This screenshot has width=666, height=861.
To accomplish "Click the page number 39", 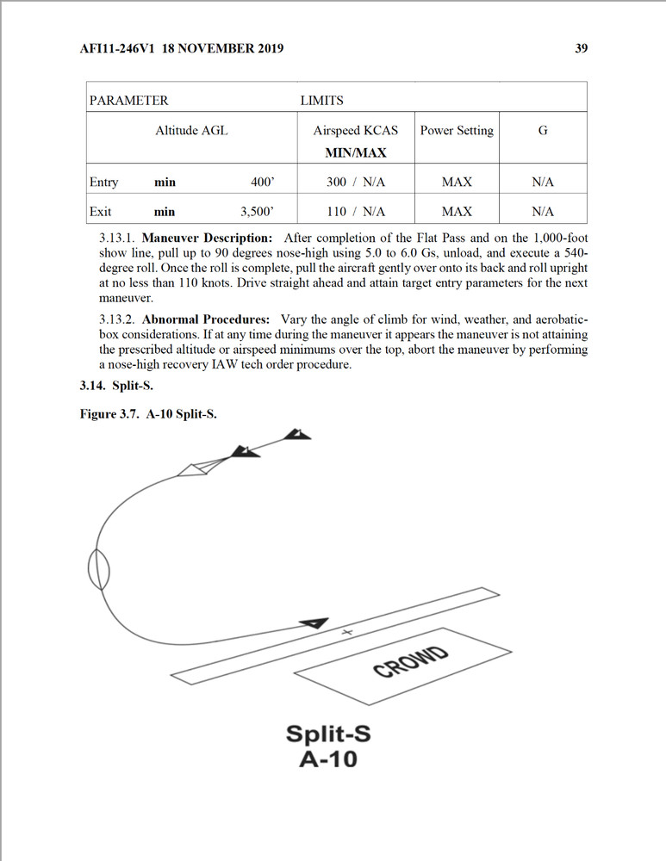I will (x=581, y=48).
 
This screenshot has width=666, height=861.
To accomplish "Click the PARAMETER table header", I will (x=128, y=101).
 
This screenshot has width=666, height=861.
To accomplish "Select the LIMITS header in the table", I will (x=321, y=101).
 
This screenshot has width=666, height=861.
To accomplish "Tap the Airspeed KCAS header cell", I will (x=355, y=131).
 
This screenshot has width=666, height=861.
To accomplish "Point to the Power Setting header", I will (x=457, y=131).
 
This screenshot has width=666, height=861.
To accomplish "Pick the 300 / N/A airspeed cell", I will (x=355, y=183).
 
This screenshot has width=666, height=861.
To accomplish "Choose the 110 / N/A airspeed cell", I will (x=355, y=212).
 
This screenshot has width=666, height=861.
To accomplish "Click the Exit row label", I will (x=100, y=212).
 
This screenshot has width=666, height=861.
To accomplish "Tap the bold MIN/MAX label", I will (x=355, y=152).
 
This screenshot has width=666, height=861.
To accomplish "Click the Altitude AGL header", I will (x=191, y=131).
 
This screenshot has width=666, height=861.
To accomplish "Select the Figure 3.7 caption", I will (x=148, y=414).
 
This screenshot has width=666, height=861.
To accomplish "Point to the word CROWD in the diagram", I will (x=410, y=661).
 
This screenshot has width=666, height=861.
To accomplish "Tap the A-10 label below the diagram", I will (x=327, y=760).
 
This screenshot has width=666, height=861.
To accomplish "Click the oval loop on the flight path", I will (x=99, y=569).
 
